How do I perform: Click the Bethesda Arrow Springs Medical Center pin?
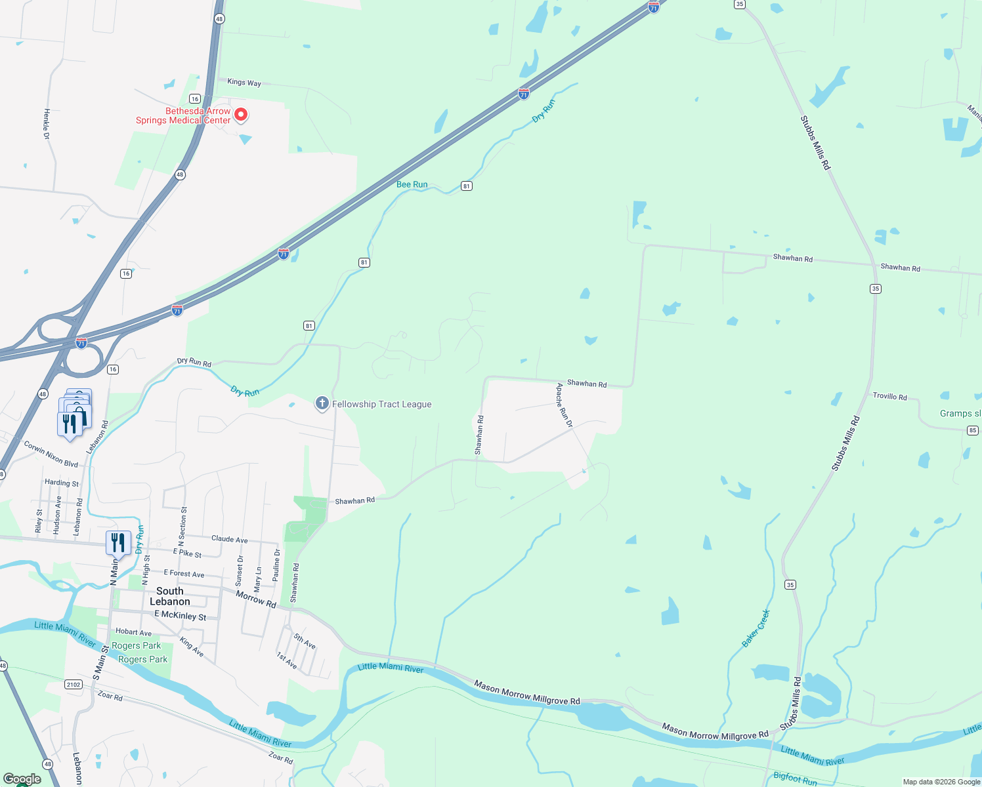241,115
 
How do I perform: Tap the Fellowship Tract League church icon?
322,403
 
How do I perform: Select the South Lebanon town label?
169,596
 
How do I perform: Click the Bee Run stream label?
412,184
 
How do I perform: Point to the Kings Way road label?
244,82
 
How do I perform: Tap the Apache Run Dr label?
564,405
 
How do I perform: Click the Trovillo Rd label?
889,396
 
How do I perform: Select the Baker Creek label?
756,628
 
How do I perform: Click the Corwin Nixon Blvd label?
51,454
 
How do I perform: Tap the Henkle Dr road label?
47,123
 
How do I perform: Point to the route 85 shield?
973,430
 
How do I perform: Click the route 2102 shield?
74,684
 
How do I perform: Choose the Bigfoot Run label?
795,778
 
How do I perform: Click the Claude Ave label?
229,539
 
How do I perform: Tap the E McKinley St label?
180,615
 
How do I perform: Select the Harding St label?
62,483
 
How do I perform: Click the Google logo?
22,779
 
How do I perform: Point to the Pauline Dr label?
276,565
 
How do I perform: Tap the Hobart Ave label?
133,632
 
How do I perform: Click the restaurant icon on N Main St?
118,543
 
